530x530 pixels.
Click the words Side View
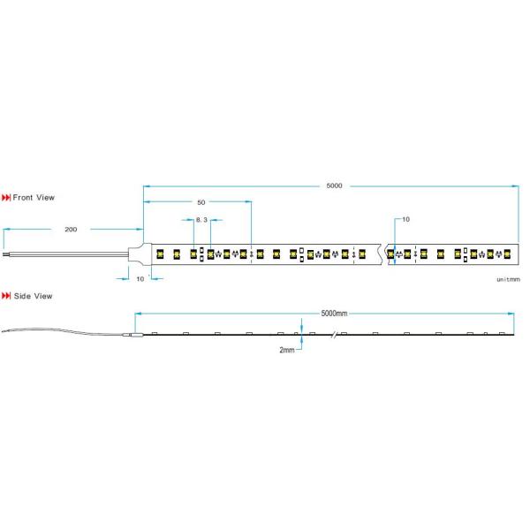coord(32,296)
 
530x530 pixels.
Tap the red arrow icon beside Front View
coord(7,198)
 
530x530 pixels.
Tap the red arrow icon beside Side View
coord(7,296)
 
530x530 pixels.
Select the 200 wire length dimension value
coord(71,229)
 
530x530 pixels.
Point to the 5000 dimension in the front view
coord(334,185)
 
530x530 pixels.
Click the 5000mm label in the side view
coord(334,314)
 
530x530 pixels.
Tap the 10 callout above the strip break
coord(405,219)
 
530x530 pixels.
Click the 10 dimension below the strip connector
coord(140,278)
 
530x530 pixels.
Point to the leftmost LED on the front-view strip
coord(161,254)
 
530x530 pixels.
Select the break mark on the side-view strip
coord(334,336)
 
